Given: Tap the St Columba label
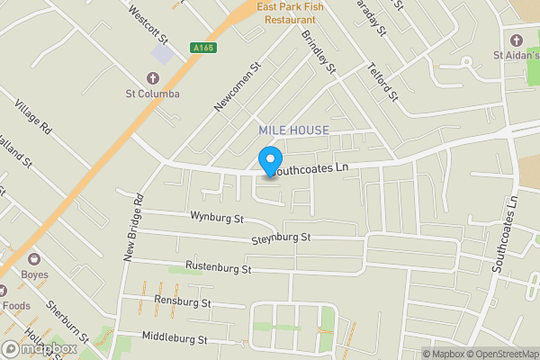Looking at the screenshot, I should (x=153, y=94).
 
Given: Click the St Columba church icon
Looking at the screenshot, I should (x=153, y=77).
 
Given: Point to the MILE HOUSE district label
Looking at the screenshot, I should (x=293, y=130).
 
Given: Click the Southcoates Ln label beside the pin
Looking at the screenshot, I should (x=310, y=168).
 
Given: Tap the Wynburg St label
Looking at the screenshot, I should (x=217, y=218).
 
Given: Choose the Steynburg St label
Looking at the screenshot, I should (x=282, y=237).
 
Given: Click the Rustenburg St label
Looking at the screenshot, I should (x=218, y=267).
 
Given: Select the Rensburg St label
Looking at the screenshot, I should (x=182, y=301).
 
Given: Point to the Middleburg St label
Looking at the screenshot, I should (x=175, y=339).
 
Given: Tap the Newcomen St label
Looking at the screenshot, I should (x=237, y=86).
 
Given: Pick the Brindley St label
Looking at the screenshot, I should (x=318, y=52).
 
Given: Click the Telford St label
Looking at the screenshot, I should (x=382, y=80).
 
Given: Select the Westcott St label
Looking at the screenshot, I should (x=148, y=24).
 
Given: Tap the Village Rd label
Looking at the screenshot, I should (x=34, y=120).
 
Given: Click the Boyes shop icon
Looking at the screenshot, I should (x=35, y=258).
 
